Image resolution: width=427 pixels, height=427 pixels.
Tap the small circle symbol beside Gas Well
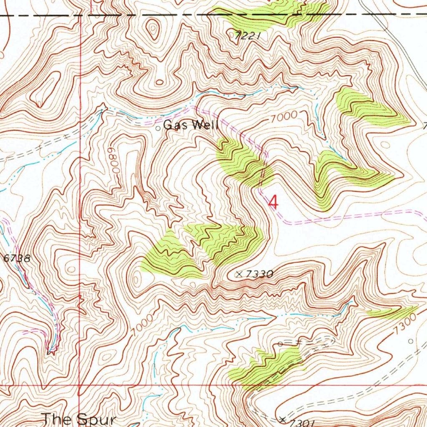(x=158, y=128)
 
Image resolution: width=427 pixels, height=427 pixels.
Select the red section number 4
(x=273, y=203)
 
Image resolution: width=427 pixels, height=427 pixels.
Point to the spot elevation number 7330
(x=259, y=274)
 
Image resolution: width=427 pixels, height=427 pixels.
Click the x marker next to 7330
(x=239, y=274)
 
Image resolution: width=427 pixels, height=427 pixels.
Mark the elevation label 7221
(x=247, y=36)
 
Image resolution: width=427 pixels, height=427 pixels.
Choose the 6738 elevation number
(x=17, y=258)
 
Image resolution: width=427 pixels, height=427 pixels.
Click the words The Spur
(x=79, y=419)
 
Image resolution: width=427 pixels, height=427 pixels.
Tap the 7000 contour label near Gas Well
(x=283, y=117)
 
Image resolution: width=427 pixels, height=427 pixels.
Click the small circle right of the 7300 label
(x=410, y=341)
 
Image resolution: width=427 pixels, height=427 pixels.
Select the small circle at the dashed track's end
(x=281, y=344)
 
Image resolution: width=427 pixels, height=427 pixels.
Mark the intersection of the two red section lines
(x=80, y=386)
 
